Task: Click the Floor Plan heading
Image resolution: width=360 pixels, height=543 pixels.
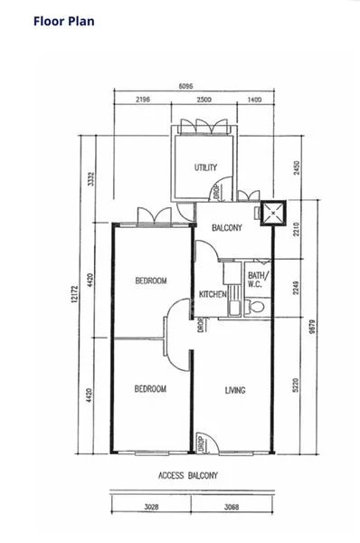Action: [x=64, y=21]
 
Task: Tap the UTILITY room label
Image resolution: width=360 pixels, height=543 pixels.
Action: [x=205, y=167]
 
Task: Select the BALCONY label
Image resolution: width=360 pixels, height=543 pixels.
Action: [x=227, y=228]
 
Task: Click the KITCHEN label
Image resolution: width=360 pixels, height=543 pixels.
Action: [x=213, y=294]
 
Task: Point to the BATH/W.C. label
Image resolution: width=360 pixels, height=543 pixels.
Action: [x=258, y=280]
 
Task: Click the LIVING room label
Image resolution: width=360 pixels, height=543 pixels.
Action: [x=235, y=390]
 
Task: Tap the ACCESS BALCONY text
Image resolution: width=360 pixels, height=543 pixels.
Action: [x=188, y=475]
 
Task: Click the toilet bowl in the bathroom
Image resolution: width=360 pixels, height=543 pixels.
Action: [x=256, y=307]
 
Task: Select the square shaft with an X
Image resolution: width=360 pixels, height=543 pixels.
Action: [x=273, y=213]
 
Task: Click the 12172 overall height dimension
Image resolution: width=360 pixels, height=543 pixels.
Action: [x=74, y=294]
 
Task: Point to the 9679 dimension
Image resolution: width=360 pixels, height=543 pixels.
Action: [x=312, y=327]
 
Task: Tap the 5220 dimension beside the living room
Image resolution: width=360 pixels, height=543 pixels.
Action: [x=295, y=386]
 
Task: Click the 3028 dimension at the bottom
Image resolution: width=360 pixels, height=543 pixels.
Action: [x=151, y=507]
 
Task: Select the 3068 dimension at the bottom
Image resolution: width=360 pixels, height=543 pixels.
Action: [x=232, y=507]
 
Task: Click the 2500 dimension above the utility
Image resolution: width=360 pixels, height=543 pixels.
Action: [x=204, y=100]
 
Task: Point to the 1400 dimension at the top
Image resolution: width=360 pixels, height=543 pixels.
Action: [x=254, y=100]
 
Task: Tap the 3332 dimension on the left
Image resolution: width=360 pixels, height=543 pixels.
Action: [x=90, y=179]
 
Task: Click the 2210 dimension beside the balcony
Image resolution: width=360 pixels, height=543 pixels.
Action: [x=296, y=229]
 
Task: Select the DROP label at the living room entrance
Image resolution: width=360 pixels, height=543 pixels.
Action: [x=201, y=444]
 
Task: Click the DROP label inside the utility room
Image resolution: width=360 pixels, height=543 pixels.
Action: [x=216, y=192]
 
